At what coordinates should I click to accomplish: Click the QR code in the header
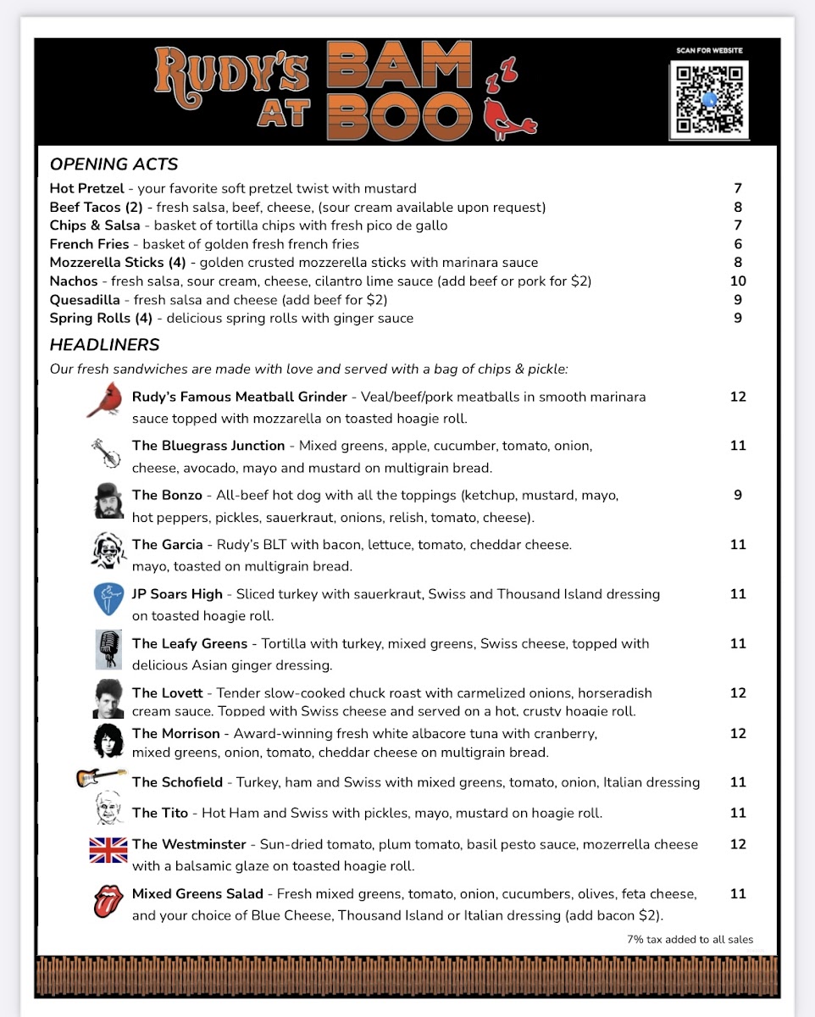[709, 99]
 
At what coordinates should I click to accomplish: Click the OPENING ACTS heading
[114, 164]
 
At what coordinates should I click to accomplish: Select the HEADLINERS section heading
[104, 345]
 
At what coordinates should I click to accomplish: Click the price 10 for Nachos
[738, 281]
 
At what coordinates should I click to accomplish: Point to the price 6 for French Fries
[738, 244]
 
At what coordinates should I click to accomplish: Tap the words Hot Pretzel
[86, 188]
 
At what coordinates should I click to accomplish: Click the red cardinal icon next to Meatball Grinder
[105, 399]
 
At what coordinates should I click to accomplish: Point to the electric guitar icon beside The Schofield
[101, 777]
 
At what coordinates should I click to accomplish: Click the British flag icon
[108, 849]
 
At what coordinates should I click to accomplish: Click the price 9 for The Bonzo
[738, 495]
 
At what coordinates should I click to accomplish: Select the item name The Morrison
[175, 734]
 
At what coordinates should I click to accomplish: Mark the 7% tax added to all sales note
[690, 939]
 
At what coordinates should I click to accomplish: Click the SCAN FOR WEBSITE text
[709, 51]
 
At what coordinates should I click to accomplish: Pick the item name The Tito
[157, 814]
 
